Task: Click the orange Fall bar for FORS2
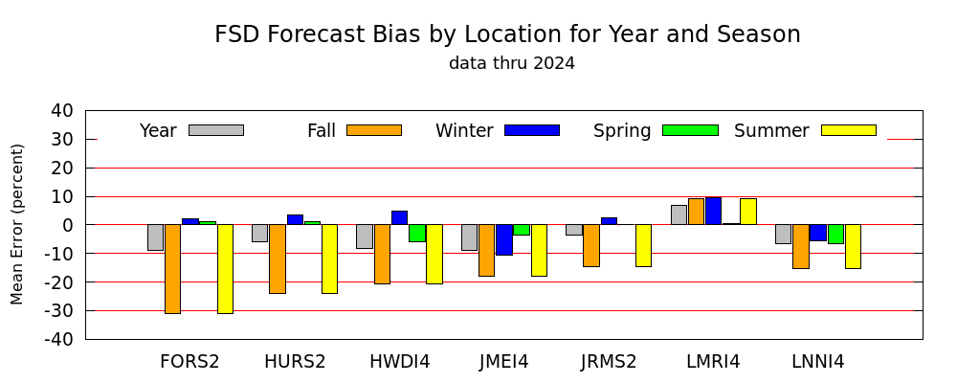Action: click(x=172, y=269)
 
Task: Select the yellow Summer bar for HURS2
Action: click(x=329, y=259)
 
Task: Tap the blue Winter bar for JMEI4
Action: click(x=504, y=239)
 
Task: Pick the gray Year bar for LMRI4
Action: click(x=679, y=215)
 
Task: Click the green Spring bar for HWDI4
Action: click(x=417, y=233)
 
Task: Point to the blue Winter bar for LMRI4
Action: click(x=714, y=211)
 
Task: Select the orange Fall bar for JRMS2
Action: click(x=591, y=245)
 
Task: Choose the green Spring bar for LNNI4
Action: click(x=836, y=234)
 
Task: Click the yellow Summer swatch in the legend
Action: click(x=849, y=130)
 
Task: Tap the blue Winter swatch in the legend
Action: click(x=532, y=130)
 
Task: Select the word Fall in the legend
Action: click(x=322, y=131)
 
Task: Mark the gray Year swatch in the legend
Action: click(x=216, y=130)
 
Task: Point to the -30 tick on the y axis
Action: click(x=86, y=310)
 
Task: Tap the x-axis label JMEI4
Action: click(x=504, y=362)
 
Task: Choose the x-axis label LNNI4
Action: click(x=818, y=362)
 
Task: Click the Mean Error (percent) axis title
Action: click(x=17, y=224)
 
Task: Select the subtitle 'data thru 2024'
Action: click(x=512, y=63)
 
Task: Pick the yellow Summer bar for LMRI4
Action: click(x=748, y=212)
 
